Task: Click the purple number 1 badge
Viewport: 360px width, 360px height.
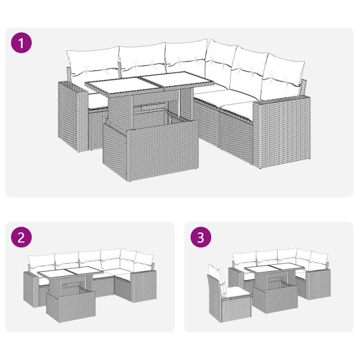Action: [x=21, y=43]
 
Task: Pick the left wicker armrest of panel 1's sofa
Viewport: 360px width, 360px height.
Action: [x=71, y=114]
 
